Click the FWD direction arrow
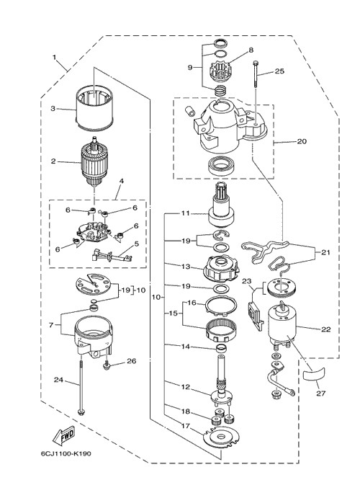64,435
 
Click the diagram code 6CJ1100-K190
66,453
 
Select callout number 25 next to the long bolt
279,71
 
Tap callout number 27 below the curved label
321,393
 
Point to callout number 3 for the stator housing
53,108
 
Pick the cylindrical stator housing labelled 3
94,107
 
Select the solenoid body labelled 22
282,325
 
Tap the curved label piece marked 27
314,374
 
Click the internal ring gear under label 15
222,330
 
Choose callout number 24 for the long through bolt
58,380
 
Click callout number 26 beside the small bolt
132,361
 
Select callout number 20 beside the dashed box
302,141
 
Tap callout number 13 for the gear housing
186,267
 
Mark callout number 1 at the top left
54,58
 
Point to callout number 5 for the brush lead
136,244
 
